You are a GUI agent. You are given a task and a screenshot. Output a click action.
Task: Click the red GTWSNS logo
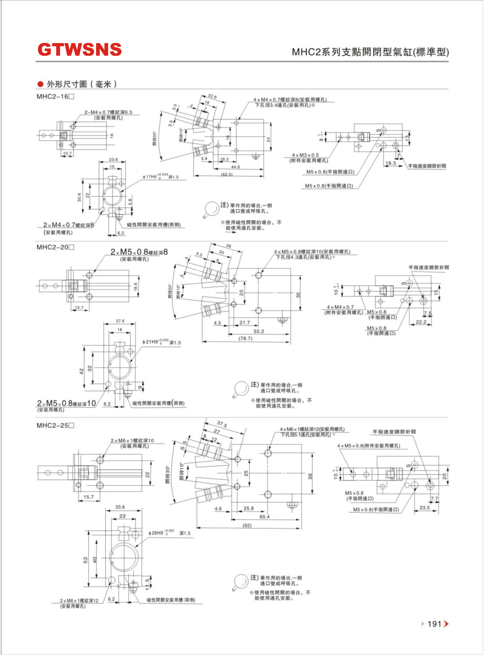point(79,49)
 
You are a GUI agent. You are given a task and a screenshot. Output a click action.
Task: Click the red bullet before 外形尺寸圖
point(41,84)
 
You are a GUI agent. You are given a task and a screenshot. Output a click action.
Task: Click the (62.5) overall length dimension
point(227,174)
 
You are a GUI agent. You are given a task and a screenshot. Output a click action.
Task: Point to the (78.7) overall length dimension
point(245,338)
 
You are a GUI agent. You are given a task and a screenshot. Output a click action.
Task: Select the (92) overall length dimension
point(247,525)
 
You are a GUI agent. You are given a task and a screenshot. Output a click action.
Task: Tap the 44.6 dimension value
point(235,167)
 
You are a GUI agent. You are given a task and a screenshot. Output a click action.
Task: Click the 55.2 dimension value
point(258,331)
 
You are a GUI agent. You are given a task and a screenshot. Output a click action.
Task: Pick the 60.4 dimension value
point(264,517)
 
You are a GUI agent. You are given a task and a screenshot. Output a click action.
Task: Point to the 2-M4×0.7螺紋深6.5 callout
point(108,112)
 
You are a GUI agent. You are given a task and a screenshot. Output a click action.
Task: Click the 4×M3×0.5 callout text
point(305,155)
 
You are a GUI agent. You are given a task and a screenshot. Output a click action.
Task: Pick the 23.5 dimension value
point(424,508)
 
